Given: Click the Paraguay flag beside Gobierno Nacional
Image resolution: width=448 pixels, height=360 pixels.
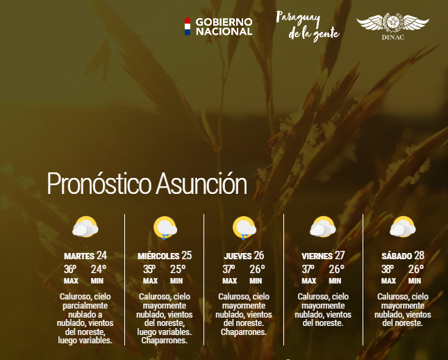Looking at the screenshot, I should coord(187,26).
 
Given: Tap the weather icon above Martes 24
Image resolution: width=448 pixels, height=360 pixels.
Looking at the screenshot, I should coord(85,227).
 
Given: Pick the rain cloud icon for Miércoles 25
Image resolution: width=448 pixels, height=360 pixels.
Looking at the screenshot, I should coord(165,228).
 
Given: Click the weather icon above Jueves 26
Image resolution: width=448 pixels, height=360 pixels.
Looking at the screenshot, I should coord(244,228).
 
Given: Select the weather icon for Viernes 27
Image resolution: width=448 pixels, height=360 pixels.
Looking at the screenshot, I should coord(323,227).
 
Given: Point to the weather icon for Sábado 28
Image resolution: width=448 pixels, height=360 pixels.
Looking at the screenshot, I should coord(402,227).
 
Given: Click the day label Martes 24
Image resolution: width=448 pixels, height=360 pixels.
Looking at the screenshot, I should coord(85,255).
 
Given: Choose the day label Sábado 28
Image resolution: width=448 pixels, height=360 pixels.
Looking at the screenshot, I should coord(402,255).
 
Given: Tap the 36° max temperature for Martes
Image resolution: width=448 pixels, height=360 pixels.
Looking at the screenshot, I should coord(71,269).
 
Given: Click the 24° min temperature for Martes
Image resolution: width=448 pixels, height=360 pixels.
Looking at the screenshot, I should coord(98,269).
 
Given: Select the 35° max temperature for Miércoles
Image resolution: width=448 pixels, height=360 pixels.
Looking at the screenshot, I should coord(150,269).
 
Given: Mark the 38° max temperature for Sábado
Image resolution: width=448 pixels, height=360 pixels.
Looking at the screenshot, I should coord(388,269).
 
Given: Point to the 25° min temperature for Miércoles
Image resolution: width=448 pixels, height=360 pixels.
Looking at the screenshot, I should coord(177,269).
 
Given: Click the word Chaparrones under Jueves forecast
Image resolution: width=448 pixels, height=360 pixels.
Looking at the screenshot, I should coord(244,332).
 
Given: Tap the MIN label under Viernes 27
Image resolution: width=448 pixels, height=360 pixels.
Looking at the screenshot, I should coord(335,281).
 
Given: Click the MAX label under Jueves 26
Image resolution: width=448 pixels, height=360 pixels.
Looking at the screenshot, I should coord(230,281).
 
